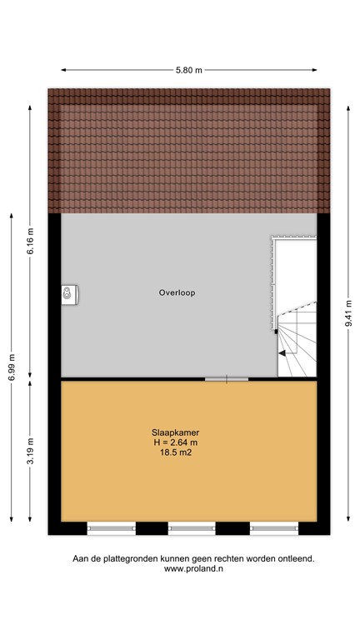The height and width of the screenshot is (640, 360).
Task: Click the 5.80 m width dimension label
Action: tap(188, 71)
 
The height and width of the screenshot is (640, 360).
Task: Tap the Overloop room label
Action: tap(177, 292)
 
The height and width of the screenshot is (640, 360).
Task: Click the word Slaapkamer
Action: tap(175, 432)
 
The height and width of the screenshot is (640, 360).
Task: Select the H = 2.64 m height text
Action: tap(175, 442)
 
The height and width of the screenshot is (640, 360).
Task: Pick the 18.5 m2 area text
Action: tap(175, 453)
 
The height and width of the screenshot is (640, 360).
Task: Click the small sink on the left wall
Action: tap(67, 292)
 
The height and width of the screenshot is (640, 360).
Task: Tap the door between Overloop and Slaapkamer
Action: tap(227, 379)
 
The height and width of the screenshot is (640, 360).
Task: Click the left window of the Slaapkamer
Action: tap(112, 527)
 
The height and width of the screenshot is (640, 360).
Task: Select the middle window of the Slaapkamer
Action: tap(192, 527)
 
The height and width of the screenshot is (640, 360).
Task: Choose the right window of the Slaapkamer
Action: tap(274, 527)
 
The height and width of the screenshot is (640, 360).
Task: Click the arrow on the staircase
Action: tap(286, 353)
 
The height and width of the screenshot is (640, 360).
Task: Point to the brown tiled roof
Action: tap(188, 150)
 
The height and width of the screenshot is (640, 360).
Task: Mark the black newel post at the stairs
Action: tap(275, 332)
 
